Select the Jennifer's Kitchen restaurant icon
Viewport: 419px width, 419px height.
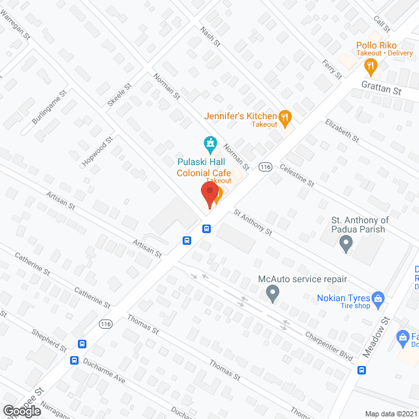tap(285, 118)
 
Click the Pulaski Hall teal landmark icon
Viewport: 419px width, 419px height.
tap(209, 142)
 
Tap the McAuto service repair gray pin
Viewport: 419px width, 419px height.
tap(273, 295)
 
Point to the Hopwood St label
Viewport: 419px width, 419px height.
tap(98, 152)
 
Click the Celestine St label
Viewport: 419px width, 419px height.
tap(297, 175)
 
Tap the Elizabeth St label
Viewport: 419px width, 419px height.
tap(342, 130)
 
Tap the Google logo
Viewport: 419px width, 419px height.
tap(22, 410)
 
